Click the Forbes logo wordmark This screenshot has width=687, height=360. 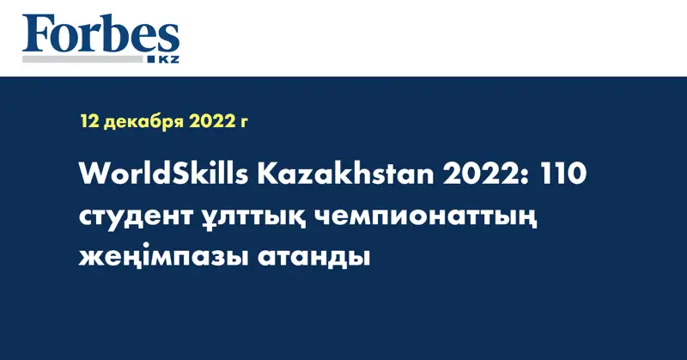click(100, 34)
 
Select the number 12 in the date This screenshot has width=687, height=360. click(90, 121)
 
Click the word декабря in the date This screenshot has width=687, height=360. click(143, 122)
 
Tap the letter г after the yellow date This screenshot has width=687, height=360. click(245, 123)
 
